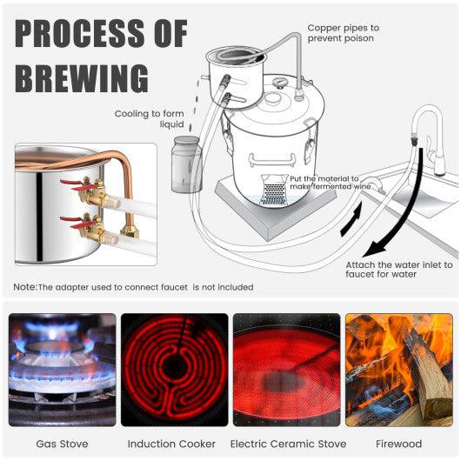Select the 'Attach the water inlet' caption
(399, 270)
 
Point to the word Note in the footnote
(24, 287)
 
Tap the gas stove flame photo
(62, 370)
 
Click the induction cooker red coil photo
(174, 370)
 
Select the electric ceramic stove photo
(285, 370)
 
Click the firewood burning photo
(398, 370)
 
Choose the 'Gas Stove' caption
(62, 444)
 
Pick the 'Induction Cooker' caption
(174, 444)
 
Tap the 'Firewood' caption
(399, 444)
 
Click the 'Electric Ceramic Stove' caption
(286, 444)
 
